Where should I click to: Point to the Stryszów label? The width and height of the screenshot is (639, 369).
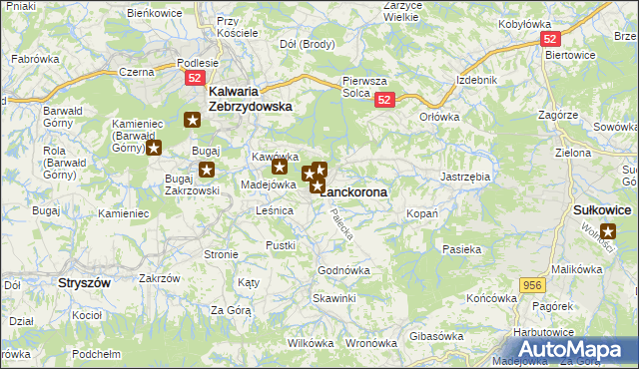(83, 283)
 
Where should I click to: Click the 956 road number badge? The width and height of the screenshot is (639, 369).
(533, 285)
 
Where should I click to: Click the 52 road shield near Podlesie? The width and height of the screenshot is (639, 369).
(196, 77)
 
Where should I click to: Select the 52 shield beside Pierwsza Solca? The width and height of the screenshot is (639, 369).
(386, 100)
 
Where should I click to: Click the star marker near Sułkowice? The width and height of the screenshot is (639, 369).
(609, 231)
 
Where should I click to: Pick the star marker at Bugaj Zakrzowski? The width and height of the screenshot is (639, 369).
(207, 170)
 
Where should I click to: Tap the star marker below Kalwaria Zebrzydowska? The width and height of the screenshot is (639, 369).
(193, 120)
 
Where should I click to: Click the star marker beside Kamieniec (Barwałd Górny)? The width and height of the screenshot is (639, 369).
(154, 149)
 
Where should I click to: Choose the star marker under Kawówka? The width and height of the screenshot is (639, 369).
(279, 168)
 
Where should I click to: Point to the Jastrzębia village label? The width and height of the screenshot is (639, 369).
(464, 177)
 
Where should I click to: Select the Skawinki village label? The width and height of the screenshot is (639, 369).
(334, 298)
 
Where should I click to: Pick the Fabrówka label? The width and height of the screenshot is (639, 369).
(32, 59)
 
